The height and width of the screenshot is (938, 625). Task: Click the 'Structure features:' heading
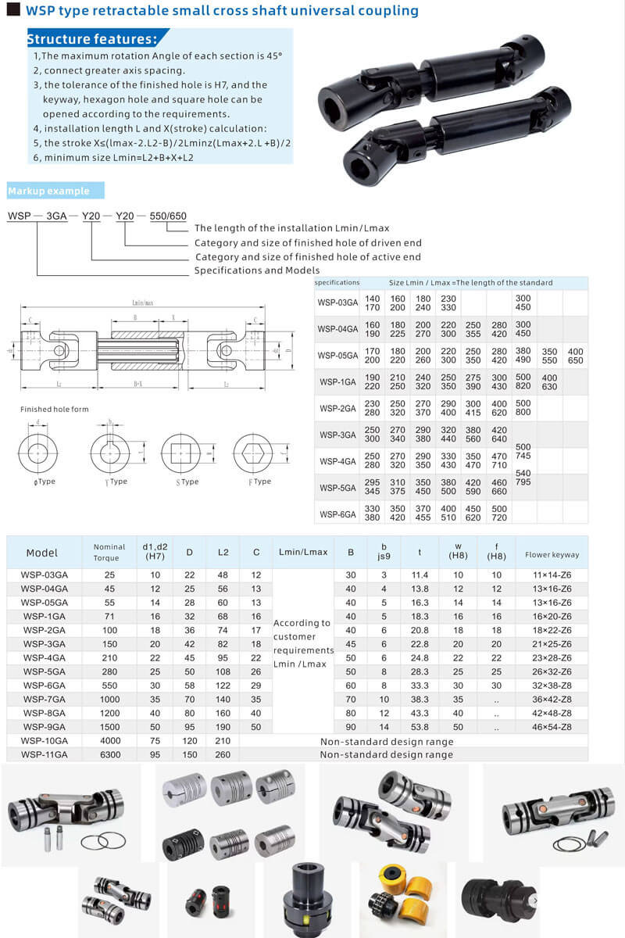[x=92, y=39]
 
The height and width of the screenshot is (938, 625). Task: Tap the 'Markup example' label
[x=48, y=192]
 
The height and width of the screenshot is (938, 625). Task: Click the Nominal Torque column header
[x=109, y=553]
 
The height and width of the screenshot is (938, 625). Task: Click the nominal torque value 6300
[x=109, y=754]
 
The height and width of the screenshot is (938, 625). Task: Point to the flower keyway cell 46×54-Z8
[x=552, y=726]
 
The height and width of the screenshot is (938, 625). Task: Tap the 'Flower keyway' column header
[x=552, y=554]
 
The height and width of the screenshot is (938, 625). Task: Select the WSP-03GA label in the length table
[x=337, y=303]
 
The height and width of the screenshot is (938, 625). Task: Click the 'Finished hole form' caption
[x=55, y=410]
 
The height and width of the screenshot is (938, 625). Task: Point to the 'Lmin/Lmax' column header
[x=303, y=553]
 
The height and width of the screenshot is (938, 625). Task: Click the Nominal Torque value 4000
[x=109, y=740]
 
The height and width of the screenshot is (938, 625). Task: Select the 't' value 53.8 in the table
[x=420, y=726]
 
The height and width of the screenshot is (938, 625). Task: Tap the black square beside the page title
[x=12, y=10]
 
